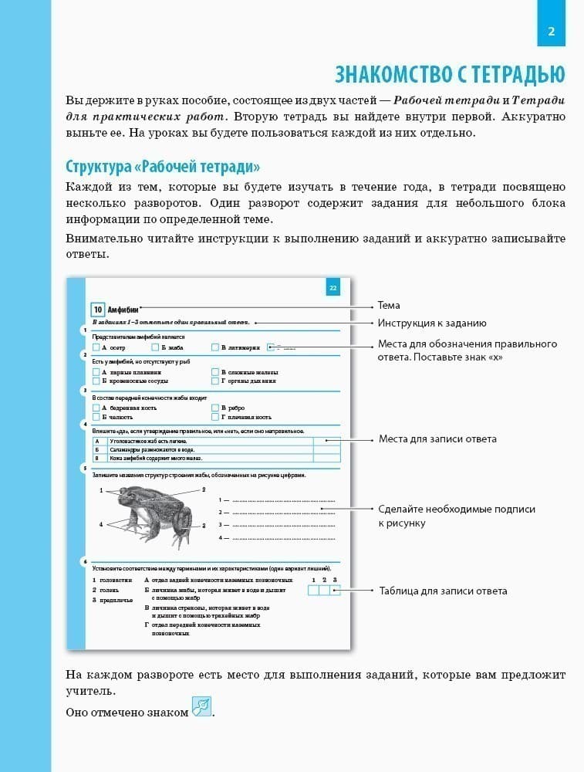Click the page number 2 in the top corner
pyautogui.click(x=551, y=32)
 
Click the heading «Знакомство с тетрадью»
pyautogui.click(x=450, y=73)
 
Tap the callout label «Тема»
pyautogui.click(x=389, y=306)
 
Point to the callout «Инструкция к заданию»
pyautogui.click(x=432, y=323)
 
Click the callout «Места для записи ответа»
pyautogui.click(x=437, y=439)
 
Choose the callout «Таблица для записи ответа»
pyautogui.click(x=443, y=591)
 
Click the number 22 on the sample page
pyautogui.click(x=333, y=289)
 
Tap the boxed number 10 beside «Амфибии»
pyautogui.click(x=97, y=310)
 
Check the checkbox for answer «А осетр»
pyautogui.click(x=96, y=348)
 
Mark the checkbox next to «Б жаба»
pyautogui.click(x=156, y=348)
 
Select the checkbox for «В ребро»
pyautogui.click(x=215, y=408)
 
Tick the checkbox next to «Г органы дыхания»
pyautogui.click(x=215, y=381)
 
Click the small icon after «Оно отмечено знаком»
pyautogui.click(x=201, y=707)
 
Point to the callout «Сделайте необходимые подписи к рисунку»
pyautogui.click(x=456, y=516)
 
